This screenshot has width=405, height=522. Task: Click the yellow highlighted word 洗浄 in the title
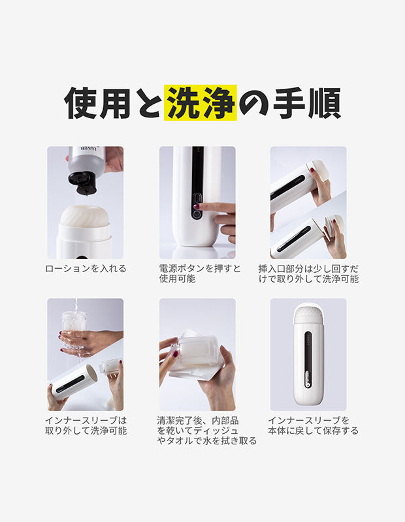201,102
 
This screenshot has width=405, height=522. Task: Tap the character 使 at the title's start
80,102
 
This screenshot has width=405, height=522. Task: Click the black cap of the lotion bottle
82,183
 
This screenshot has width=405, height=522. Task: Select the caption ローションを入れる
86,268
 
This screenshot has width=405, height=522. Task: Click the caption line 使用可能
177,279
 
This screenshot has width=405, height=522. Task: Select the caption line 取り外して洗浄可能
86,431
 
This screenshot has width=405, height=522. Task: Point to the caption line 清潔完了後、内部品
198,420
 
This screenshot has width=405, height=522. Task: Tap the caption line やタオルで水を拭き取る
206,441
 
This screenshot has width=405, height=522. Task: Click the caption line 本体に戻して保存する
313,431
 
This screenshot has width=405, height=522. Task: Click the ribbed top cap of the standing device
308,315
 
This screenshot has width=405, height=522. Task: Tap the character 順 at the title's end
324,102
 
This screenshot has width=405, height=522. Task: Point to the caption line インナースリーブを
308,420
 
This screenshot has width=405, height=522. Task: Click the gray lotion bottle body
86,160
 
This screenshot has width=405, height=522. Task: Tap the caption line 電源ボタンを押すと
200,268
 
